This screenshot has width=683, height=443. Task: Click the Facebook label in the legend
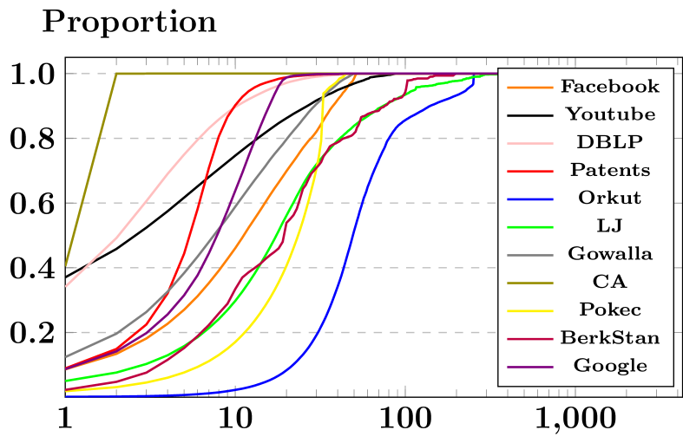(x=609, y=87)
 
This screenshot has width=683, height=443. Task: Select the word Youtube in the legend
(x=609, y=114)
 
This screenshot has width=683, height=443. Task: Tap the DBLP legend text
(x=609, y=142)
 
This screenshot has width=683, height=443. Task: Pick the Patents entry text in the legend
(x=609, y=170)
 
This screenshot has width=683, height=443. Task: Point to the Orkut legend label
(x=609, y=198)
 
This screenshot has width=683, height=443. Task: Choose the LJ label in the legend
(x=609, y=225)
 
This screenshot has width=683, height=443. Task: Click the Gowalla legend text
(x=609, y=254)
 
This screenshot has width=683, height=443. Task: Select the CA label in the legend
(x=609, y=282)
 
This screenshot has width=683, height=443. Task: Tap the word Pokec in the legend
(x=609, y=309)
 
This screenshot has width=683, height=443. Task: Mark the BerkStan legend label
(x=609, y=337)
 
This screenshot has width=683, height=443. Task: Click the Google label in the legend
(x=609, y=366)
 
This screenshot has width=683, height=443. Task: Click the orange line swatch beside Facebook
(x=529, y=88)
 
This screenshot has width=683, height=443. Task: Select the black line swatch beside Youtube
(x=529, y=115)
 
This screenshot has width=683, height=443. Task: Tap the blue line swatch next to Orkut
(x=529, y=199)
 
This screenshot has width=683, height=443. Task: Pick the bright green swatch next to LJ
(x=529, y=226)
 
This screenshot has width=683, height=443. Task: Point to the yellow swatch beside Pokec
(x=529, y=310)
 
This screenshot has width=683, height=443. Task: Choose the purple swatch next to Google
(x=529, y=366)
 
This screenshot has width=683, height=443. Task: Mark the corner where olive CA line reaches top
(x=116, y=74)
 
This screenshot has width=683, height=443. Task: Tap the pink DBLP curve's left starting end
(x=67, y=285)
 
